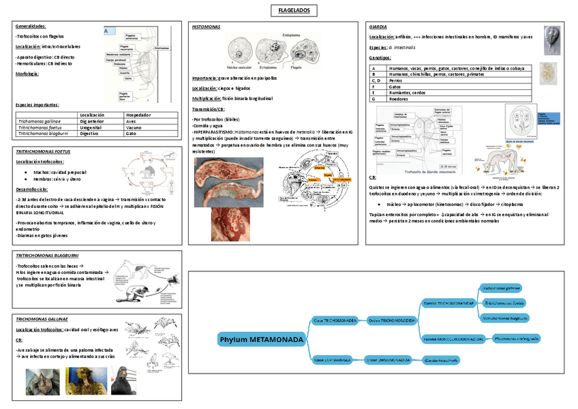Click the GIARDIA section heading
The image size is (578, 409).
coord(377,27)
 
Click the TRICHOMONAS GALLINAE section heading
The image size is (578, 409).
coord(42,319)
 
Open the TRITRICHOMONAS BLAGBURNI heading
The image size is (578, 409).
coord(47,254)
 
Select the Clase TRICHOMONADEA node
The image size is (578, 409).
coord(335,320)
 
